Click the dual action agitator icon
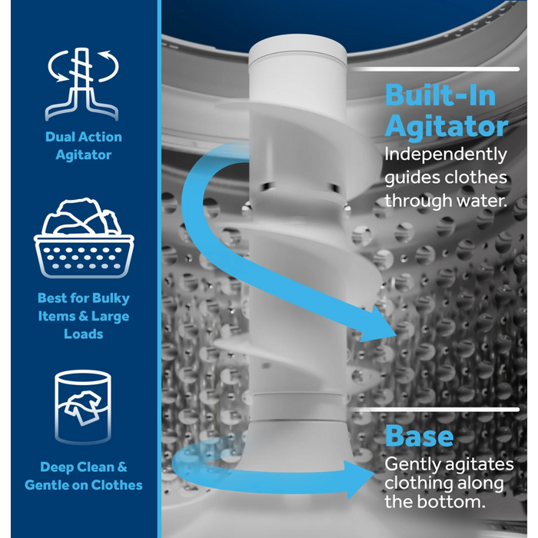click(x=81, y=85)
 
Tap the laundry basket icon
click(x=84, y=237)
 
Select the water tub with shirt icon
click(x=83, y=407)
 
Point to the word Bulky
click(x=111, y=298)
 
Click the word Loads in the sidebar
click(x=83, y=334)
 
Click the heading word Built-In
click(x=440, y=95)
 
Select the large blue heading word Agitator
click(x=446, y=127)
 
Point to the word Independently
click(x=446, y=155)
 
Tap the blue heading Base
click(x=419, y=436)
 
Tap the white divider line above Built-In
click(x=435, y=69)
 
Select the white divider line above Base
click(x=434, y=410)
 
